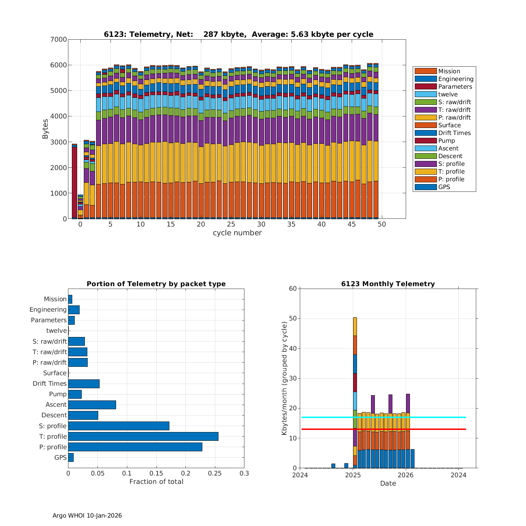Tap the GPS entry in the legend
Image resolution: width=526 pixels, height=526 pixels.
[x=444, y=187]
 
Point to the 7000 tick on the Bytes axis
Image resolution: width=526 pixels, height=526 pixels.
[x=59, y=39]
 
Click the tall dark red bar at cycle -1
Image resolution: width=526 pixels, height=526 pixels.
[x=74, y=182]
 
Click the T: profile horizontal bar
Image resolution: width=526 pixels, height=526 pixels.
[x=143, y=436]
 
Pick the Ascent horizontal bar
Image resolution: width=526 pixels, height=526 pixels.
[x=92, y=405]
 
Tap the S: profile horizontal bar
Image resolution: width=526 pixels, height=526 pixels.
[x=119, y=426]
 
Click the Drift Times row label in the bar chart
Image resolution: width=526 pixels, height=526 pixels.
[x=49, y=384]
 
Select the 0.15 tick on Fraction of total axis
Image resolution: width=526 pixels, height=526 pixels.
[x=156, y=473]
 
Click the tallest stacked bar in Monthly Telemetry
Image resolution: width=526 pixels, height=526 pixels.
[x=355, y=393]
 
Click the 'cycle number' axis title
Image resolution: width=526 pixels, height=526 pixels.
[x=237, y=233]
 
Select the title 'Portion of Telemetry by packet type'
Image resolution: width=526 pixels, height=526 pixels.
[x=156, y=284]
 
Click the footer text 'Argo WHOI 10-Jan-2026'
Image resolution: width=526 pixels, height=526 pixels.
[x=87, y=515]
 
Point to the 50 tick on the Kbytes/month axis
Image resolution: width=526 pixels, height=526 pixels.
[x=293, y=318]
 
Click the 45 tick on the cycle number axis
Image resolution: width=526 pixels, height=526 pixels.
[x=352, y=224]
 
